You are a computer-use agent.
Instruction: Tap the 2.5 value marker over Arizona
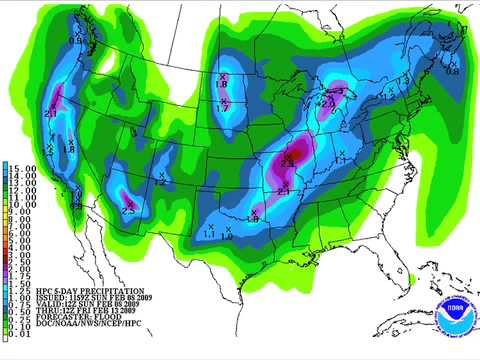[128, 210]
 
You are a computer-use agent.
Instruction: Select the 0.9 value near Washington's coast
[76, 39]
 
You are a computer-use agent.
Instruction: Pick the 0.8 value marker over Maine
[451, 70]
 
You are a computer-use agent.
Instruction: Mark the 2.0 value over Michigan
[327, 102]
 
